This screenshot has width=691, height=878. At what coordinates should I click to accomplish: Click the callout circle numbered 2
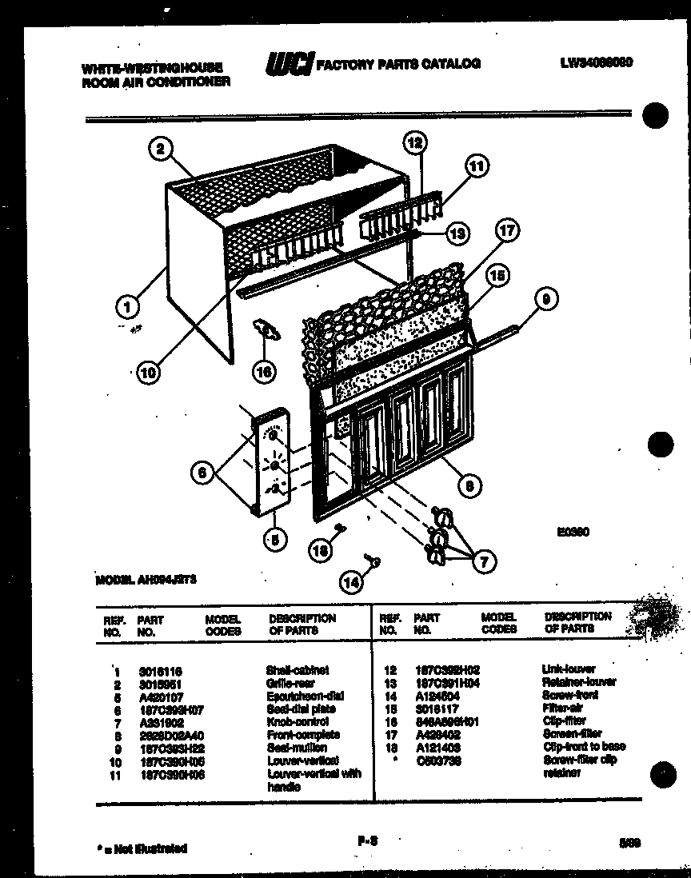pyautogui.click(x=161, y=148)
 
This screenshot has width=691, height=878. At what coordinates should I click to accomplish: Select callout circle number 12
pyautogui.click(x=414, y=144)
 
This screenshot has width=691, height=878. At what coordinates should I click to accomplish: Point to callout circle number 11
pyautogui.click(x=477, y=167)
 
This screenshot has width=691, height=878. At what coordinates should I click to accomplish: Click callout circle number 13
pyautogui.click(x=457, y=233)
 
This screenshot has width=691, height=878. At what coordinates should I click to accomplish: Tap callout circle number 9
pyautogui.click(x=545, y=301)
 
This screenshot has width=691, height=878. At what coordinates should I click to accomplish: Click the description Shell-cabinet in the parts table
pyautogui.click(x=297, y=670)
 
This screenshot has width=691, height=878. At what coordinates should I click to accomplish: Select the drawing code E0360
pyautogui.click(x=574, y=530)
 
